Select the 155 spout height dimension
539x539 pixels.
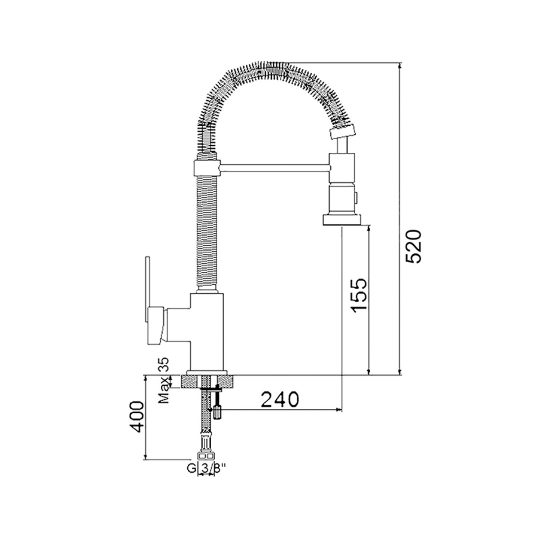[359, 296]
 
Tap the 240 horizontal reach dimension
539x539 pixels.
[280, 399]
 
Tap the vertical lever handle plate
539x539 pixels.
[148, 289]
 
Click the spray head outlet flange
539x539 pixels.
[341, 220]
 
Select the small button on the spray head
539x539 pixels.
[356, 198]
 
